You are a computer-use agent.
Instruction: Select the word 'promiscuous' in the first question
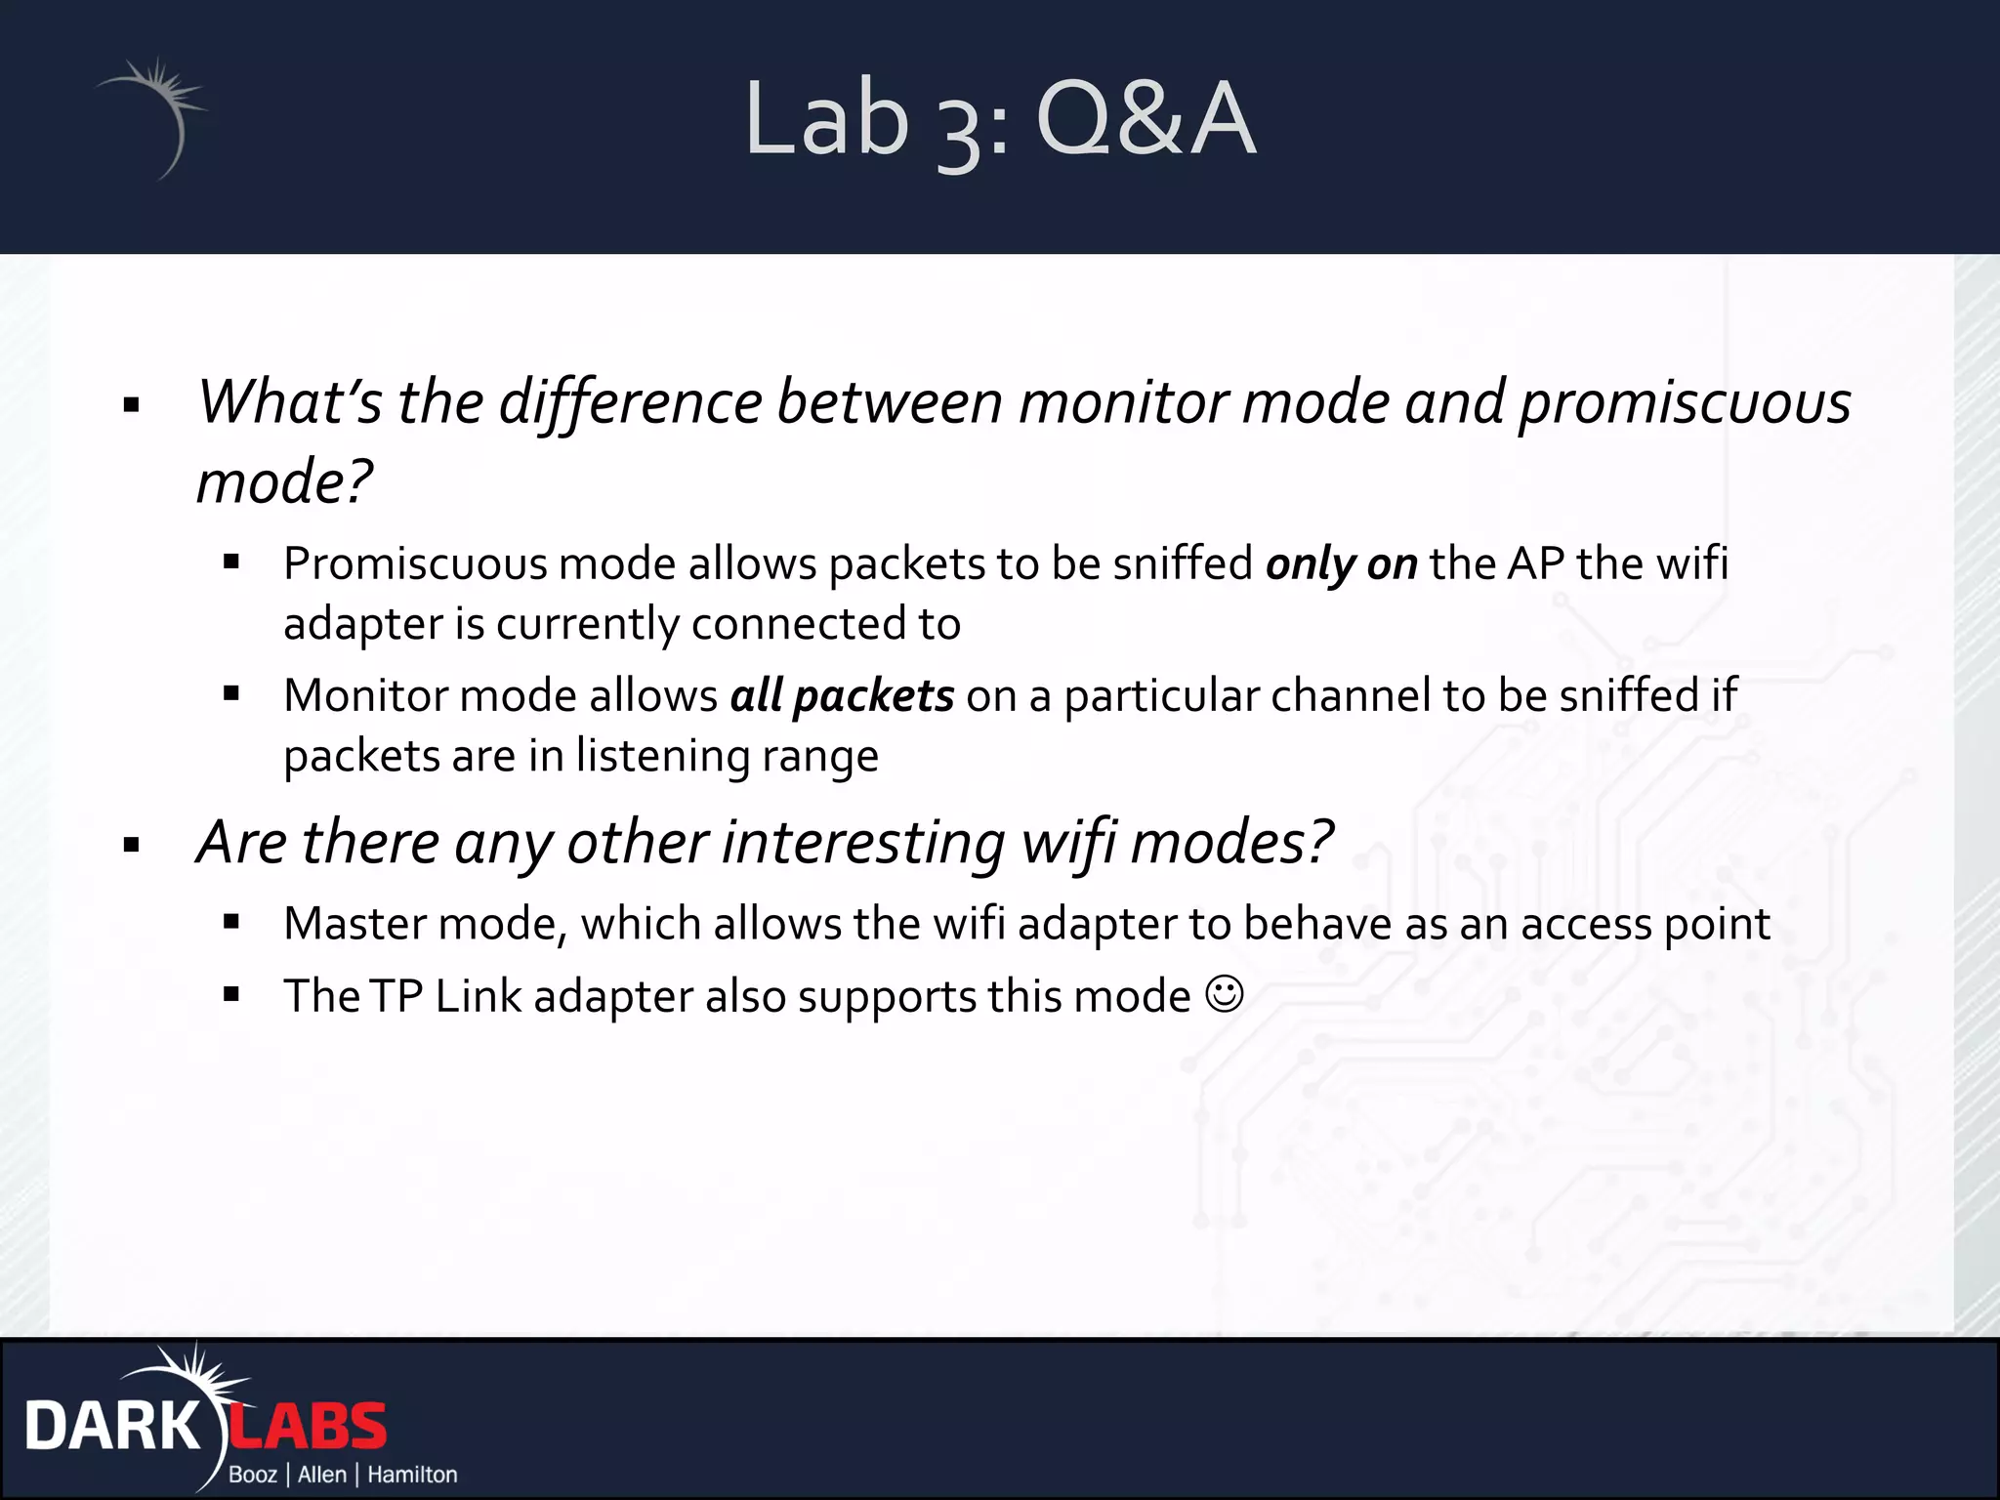(x=1685, y=403)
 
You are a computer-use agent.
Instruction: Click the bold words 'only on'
(x=1341, y=564)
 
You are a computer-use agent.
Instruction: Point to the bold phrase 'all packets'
(x=842, y=696)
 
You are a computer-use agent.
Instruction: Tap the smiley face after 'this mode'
(x=1225, y=995)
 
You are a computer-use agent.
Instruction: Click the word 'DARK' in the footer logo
(x=111, y=1427)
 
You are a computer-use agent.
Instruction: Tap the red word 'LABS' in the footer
(x=309, y=1427)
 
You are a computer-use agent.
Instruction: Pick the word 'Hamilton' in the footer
(x=412, y=1475)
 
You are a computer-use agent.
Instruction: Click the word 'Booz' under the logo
(x=253, y=1475)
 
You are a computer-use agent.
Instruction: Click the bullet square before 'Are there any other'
(x=132, y=846)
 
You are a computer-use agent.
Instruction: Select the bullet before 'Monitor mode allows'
(x=231, y=694)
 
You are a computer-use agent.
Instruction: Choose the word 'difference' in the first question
(x=630, y=403)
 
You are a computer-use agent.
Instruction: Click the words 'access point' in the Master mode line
(x=1645, y=924)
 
